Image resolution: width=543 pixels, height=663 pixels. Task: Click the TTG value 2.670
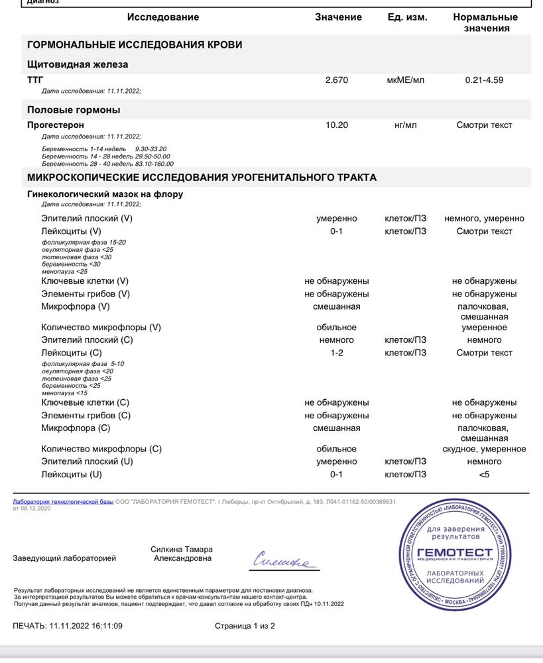tap(336, 80)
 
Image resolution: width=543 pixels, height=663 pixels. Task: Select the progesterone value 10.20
tap(336, 125)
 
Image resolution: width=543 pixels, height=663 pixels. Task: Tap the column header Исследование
tap(162, 17)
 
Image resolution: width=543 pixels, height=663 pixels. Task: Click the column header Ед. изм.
tap(407, 17)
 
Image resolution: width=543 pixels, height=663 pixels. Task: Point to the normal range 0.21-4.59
tap(484, 80)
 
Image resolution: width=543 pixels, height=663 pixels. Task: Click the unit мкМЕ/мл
tap(405, 80)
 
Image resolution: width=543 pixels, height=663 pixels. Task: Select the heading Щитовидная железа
tap(78, 64)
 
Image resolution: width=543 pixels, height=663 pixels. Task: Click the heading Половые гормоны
tap(74, 109)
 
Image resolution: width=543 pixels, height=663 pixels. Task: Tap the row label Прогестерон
tap(56, 125)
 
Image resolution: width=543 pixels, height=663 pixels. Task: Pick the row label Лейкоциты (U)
tap(72, 475)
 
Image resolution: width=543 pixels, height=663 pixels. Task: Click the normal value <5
tap(484, 475)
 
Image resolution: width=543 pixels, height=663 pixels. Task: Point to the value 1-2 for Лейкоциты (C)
tap(336, 353)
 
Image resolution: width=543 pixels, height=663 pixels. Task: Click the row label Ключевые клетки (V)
tap(85, 281)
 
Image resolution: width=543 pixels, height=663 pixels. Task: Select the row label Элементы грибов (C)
tap(86, 416)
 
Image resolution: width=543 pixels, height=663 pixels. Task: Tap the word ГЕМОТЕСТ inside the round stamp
tap(464, 552)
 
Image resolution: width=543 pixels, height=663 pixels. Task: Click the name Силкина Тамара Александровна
tap(182, 554)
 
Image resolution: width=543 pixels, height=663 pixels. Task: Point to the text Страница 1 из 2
tap(245, 626)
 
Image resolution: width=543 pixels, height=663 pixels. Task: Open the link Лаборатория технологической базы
tap(63, 502)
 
